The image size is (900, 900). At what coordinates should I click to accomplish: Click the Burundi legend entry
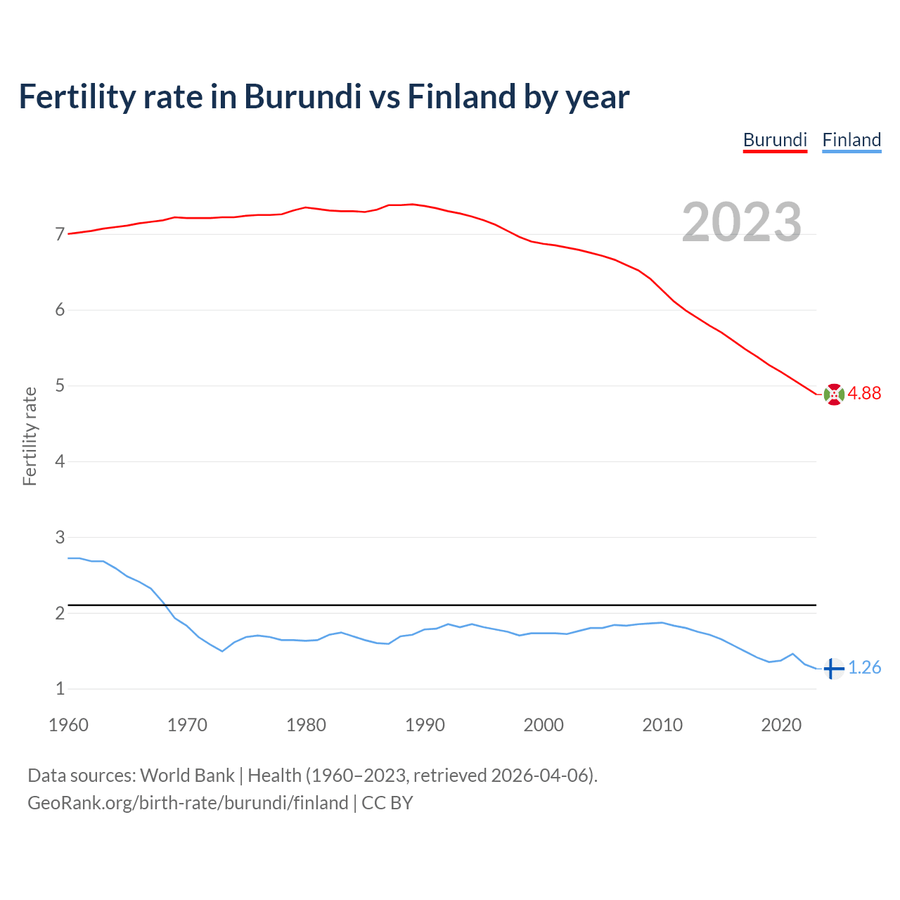(x=775, y=140)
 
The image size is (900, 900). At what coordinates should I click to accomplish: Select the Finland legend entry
(x=851, y=140)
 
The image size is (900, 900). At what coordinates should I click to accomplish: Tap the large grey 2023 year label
(x=742, y=222)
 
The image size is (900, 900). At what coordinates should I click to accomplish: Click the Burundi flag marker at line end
(x=834, y=394)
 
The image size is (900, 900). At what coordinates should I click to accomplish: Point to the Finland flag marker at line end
(x=833, y=669)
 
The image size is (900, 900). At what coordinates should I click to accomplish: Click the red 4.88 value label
(x=864, y=394)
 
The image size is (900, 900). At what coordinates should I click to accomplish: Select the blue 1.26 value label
(x=864, y=668)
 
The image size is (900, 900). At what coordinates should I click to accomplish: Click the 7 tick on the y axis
(x=60, y=234)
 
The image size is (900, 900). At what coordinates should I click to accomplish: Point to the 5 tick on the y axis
(x=60, y=386)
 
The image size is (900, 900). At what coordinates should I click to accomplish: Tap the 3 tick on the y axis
(x=60, y=538)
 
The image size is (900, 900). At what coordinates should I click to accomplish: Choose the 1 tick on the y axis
(x=60, y=689)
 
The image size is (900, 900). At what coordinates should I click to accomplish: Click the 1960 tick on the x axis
(x=68, y=725)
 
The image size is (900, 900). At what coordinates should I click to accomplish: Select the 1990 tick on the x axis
(x=425, y=725)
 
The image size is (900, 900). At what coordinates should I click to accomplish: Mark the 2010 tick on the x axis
(x=662, y=725)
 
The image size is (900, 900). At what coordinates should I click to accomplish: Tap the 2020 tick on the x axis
(x=781, y=725)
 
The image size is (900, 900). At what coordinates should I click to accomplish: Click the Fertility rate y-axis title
(x=30, y=436)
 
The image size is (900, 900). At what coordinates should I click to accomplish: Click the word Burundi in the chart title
(x=302, y=97)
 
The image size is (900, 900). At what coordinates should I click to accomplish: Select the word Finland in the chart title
(x=461, y=97)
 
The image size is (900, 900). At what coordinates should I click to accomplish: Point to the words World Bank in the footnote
(x=187, y=776)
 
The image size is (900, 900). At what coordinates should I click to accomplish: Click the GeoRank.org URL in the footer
(x=188, y=803)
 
